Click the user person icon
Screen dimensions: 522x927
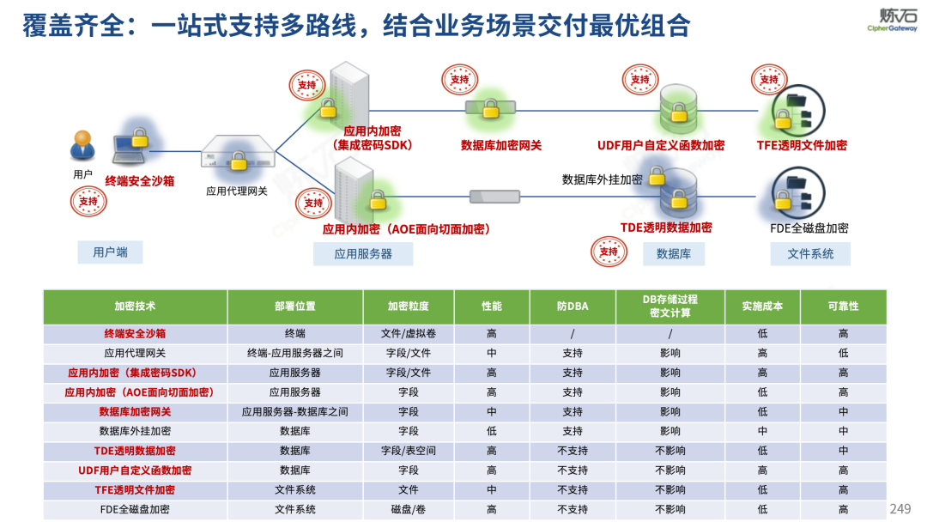pyautogui.click(x=82, y=145)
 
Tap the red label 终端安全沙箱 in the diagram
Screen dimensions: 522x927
pyautogui.click(x=140, y=180)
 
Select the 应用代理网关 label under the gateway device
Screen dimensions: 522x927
pyautogui.click(x=237, y=191)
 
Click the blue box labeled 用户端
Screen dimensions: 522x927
pyautogui.click(x=110, y=252)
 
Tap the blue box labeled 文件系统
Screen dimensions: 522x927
pyautogui.click(x=809, y=253)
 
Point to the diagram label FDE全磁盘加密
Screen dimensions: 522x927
pyautogui.click(x=809, y=228)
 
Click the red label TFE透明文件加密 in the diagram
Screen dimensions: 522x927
pyautogui.click(x=802, y=145)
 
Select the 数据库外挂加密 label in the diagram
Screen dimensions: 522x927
pyautogui.click(x=602, y=179)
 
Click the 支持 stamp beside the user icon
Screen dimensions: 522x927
pyautogui.click(x=88, y=202)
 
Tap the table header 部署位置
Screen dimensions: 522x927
pyautogui.click(x=294, y=306)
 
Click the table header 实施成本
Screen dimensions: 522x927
pyautogui.click(x=762, y=306)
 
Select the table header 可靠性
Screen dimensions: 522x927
pyautogui.click(x=843, y=306)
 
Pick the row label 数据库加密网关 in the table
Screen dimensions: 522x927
pyautogui.click(x=135, y=411)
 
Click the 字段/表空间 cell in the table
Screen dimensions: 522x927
pyautogui.click(x=408, y=450)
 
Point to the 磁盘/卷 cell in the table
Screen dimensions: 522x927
pyautogui.click(x=408, y=509)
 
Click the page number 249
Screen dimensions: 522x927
pyautogui.click(x=900, y=508)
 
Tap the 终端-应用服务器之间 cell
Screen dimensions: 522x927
pyautogui.click(x=294, y=352)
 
